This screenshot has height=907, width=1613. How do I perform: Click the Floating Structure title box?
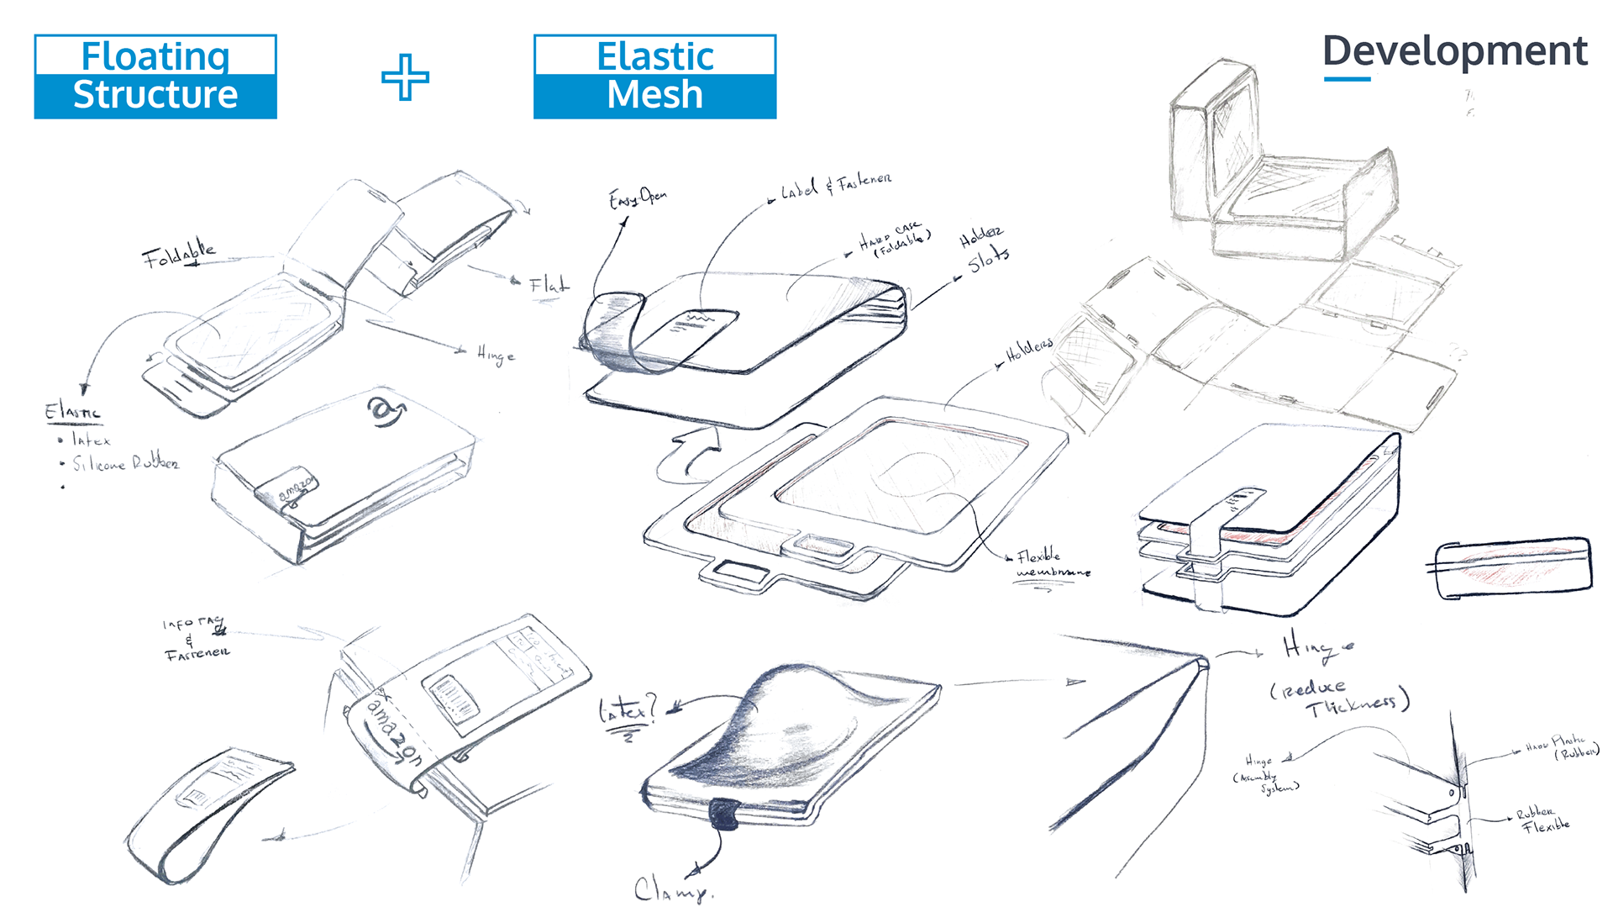[x=155, y=76]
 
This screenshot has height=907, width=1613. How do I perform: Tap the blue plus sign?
[x=405, y=77]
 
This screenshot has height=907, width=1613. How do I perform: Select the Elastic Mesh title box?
[x=654, y=76]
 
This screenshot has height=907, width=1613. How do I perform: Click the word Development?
[x=1454, y=51]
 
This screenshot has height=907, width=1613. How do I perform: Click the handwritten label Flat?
[x=549, y=285]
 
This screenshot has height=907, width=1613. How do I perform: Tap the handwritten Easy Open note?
[x=638, y=198]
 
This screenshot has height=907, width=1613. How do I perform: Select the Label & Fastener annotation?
[x=835, y=186]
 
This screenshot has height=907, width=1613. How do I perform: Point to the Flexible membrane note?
[x=1050, y=564]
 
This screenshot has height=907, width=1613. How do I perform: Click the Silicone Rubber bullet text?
[x=125, y=463]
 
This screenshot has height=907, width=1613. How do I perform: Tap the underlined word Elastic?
[x=72, y=412]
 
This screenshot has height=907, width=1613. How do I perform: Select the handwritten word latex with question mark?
[x=628, y=711]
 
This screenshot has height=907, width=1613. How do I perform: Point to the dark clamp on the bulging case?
[x=723, y=814]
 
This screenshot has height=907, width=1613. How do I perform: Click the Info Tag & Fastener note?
[x=196, y=639]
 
